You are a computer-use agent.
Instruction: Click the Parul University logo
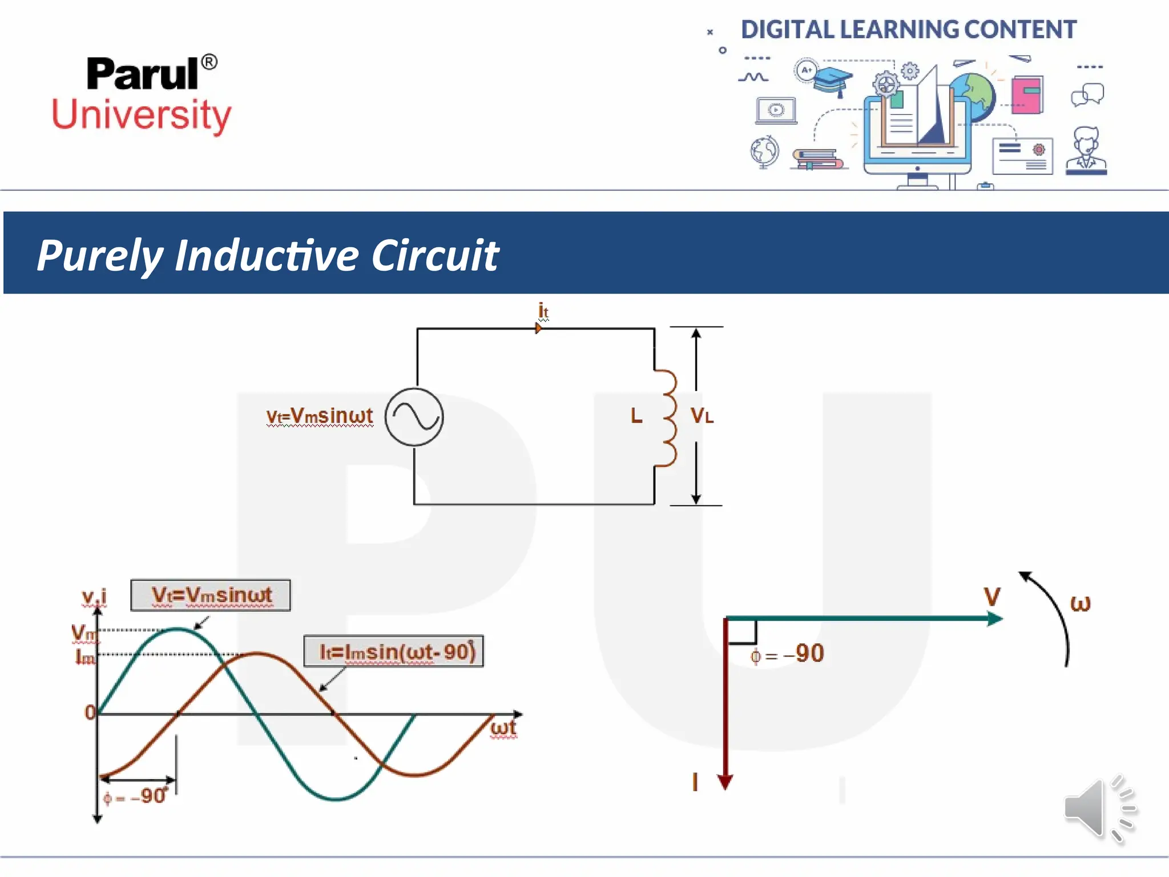[x=142, y=94]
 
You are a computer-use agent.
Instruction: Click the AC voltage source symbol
[x=414, y=417]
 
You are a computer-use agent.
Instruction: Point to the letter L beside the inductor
[x=636, y=416]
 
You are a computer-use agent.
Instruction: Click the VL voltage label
[x=702, y=416]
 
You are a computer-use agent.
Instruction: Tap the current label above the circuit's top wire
[x=543, y=312]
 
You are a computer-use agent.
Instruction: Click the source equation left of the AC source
[x=319, y=416]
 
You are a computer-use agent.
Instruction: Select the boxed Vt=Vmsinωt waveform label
[x=211, y=596]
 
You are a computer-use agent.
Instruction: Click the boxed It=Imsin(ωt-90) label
[x=394, y=651]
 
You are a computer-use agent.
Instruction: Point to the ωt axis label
[x=503, y=728]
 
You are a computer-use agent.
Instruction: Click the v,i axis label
[x=94, y=597]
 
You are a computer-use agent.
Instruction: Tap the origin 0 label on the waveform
[x=90, y=713]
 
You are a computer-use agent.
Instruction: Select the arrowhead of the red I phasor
[x=725, y=782]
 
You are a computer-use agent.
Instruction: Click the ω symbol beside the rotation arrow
[x=1080, y=603]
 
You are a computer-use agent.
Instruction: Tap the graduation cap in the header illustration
[x=832, y=80]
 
